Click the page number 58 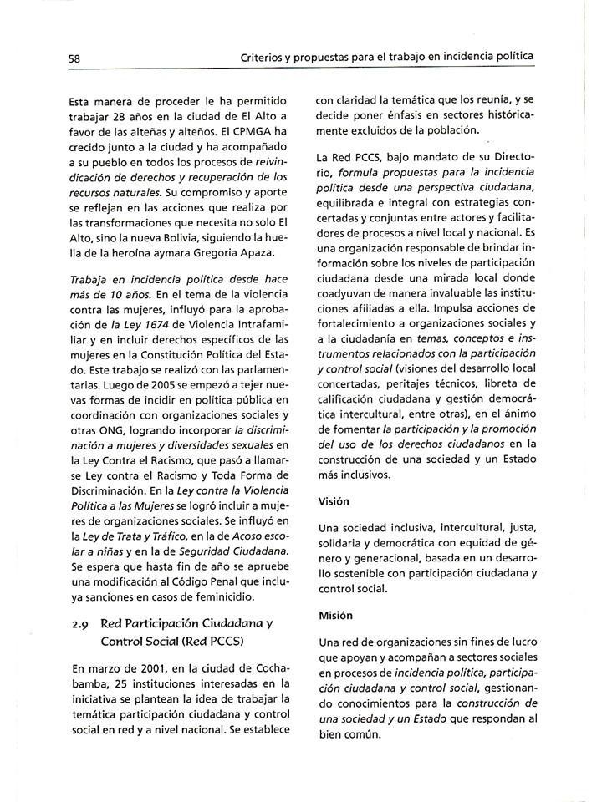[74, 58]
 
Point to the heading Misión [336, 616]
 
